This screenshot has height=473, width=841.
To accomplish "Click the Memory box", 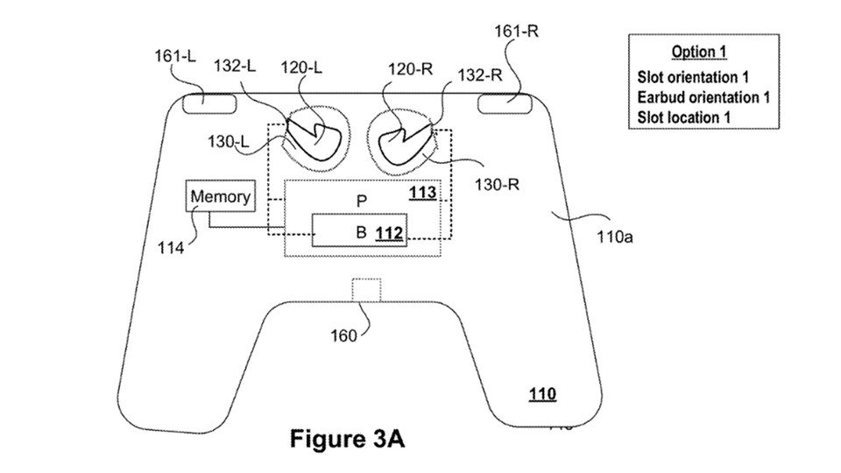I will (220, 197).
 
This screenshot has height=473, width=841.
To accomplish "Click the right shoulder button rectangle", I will (505, 103).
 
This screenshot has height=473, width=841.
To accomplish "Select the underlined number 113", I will (423, 191).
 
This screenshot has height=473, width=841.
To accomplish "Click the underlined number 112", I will (388, 233).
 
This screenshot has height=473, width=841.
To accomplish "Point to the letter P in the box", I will (360, 201).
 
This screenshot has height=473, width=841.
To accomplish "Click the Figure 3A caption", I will (348, 438).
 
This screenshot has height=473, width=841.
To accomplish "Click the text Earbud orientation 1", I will (703, 96).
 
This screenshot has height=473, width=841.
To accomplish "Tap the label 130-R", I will (491, 186).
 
